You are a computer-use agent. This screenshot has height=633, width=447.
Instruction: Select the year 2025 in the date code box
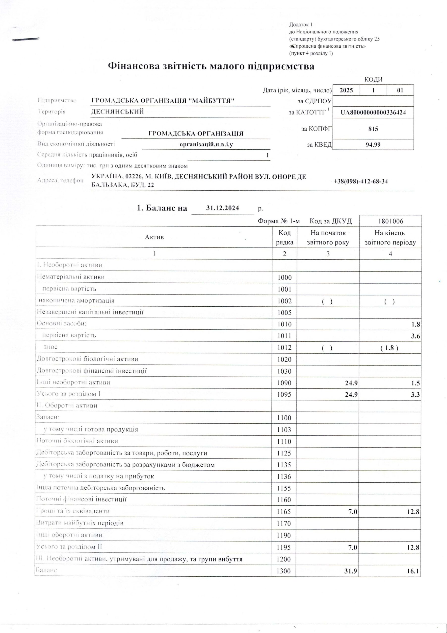coord(346,90)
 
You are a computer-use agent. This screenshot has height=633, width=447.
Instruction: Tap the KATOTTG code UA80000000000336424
coord(373,113)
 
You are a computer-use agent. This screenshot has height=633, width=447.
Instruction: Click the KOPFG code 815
coord(373,129)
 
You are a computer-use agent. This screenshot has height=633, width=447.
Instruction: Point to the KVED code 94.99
coord(373,144)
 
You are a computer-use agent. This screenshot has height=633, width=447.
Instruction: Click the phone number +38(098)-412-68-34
coord(361,181)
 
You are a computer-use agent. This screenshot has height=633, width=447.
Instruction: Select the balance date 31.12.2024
coord(223,208)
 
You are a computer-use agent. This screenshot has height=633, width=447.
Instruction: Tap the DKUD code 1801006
coord(391,221)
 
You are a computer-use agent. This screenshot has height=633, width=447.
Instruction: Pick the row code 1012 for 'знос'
coord(284,348)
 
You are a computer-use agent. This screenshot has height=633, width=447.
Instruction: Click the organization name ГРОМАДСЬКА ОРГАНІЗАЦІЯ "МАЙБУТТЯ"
coord(163,101)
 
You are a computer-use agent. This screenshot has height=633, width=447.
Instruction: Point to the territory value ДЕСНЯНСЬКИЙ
coord(118,112)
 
